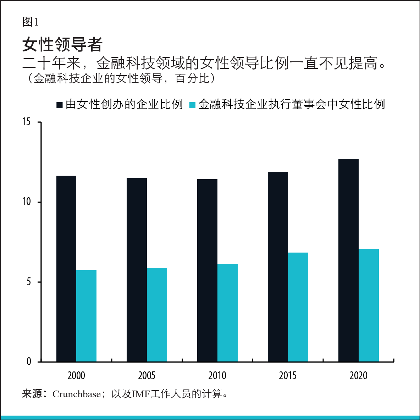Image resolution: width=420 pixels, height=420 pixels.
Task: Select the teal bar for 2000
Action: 86,316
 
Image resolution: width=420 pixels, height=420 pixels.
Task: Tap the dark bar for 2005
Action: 137,270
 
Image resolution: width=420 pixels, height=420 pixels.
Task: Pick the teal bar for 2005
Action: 157,315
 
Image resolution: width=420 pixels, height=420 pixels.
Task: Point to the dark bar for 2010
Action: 207,271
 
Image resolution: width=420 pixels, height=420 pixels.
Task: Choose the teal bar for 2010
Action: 227,313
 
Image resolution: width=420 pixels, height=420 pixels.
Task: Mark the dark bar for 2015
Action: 278,267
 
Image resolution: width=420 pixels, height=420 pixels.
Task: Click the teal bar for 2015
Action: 298,307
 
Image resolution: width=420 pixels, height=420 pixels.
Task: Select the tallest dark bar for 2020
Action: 348,260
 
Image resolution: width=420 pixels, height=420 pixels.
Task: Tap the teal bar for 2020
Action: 369,305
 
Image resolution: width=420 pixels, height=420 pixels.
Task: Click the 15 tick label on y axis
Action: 27,122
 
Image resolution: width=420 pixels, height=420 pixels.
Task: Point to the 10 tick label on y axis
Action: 27,202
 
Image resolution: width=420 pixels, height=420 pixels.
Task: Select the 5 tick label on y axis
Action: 29,282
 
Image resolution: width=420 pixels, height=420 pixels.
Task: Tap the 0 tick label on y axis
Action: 29,362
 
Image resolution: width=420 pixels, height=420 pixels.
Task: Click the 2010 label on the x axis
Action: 217,376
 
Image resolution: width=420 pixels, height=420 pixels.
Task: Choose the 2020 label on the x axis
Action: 358,376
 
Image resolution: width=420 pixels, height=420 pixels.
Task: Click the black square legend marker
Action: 60,105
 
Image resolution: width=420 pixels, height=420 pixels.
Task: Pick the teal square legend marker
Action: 192,105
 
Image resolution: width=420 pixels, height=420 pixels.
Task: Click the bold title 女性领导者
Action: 62,44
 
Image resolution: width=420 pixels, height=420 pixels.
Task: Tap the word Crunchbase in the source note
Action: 76,394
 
